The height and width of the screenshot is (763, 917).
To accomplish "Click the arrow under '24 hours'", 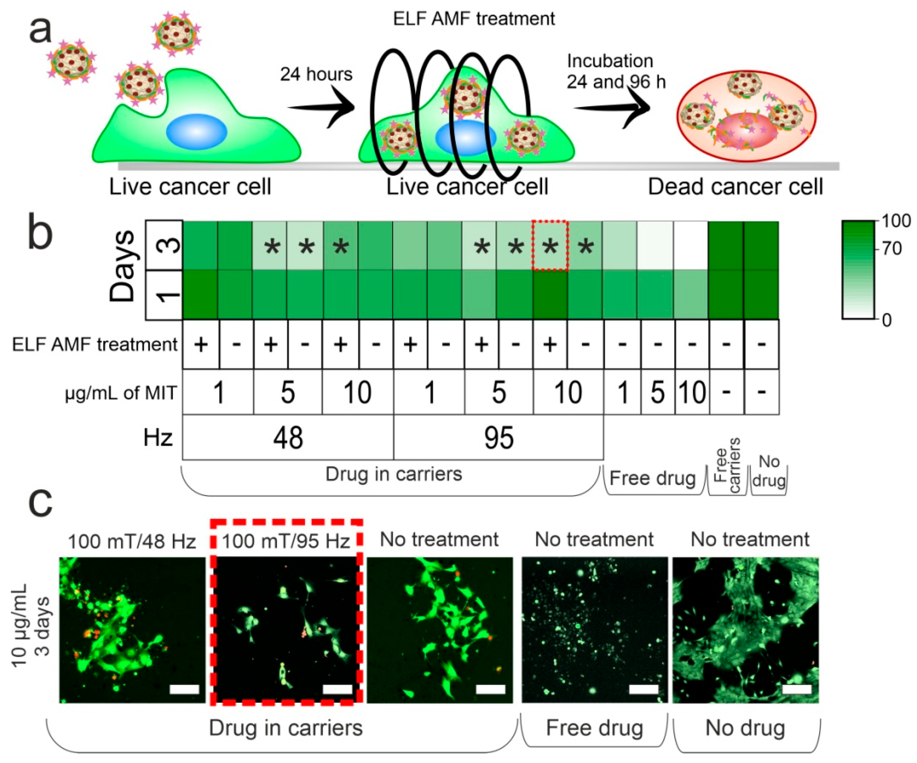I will coord(321,107).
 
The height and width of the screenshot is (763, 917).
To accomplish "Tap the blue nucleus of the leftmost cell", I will coord(196,131).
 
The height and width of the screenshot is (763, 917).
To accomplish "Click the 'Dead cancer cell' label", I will coord(735,187).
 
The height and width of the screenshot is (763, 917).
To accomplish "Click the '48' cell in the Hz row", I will coord(288,437).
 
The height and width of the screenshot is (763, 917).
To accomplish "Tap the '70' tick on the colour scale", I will coord(891,249).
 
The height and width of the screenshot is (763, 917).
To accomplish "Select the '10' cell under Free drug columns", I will coord(692,392).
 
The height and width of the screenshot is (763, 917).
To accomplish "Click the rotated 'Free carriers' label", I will coord(727,465).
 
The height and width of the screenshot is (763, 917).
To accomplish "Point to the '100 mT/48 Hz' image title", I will coord(132,542).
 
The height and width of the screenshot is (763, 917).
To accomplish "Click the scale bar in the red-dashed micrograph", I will coord(337,689).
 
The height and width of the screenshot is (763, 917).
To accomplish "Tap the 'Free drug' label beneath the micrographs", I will coord(594,728).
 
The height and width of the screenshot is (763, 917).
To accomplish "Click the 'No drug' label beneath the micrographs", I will coord(745,728).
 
